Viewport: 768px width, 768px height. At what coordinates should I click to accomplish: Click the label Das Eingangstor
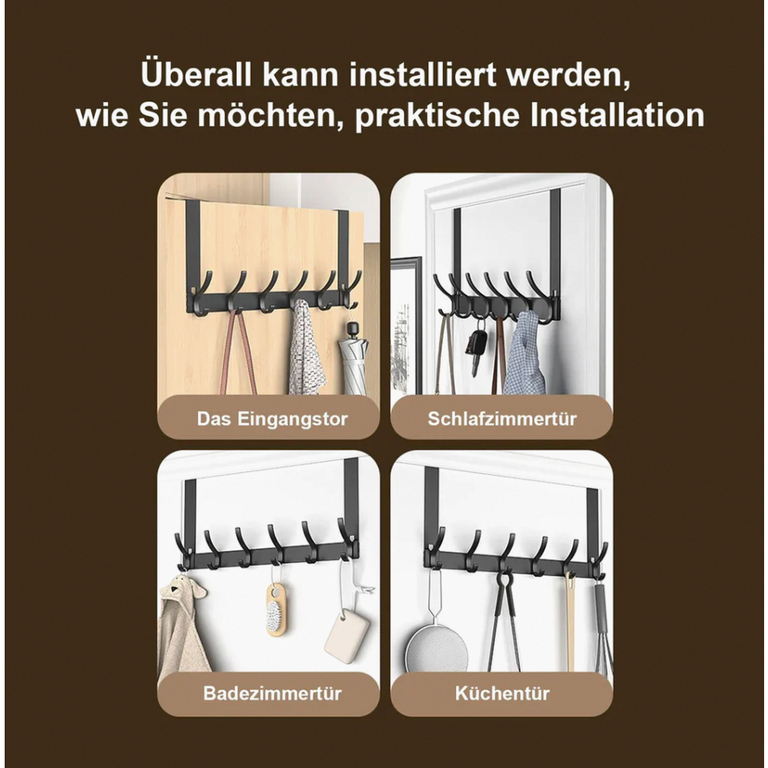(x=272, y=419)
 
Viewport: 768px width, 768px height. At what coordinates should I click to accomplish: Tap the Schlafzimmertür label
(x=502, y=419)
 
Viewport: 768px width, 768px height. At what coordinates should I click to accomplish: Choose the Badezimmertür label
(x=272, y=693)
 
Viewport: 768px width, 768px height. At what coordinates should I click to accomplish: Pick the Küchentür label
(x=502, y=693)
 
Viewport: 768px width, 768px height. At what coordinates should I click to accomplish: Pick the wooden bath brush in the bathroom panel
(x=275, y=607)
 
